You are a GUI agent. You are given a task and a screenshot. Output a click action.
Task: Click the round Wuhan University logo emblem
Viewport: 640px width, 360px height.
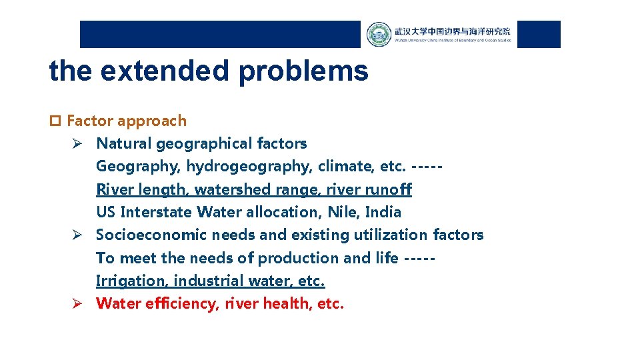coord(379,35)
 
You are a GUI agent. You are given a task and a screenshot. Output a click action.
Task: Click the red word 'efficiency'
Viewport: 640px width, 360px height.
coord(181,304)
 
